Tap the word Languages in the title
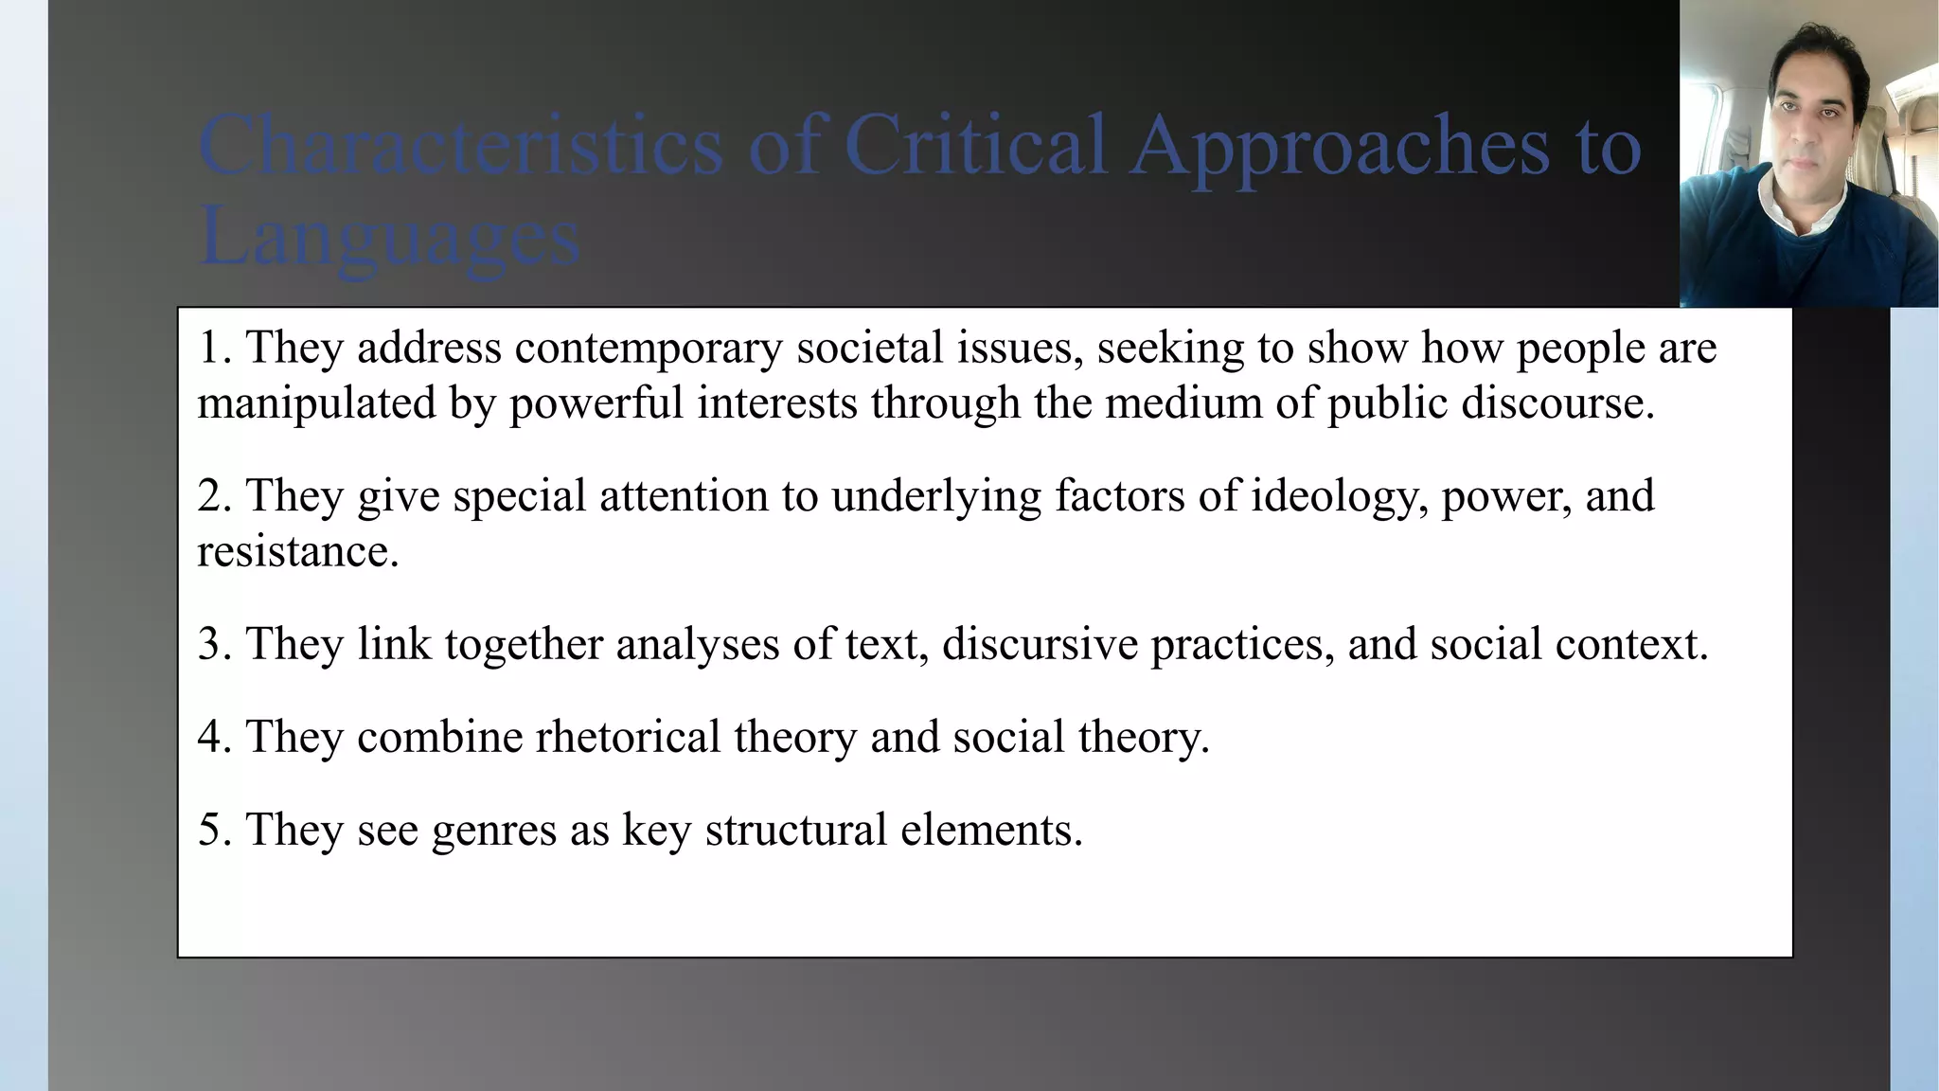pyautogui.click(x=389, y=237)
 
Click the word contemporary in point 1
pyautogui.click(x=649, y=348)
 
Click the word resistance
pyautogui.click(x=297, y=552)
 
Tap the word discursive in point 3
pyautogui.click(x=1040, y=645)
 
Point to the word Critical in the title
pyautogui.click(x=975, y=146)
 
